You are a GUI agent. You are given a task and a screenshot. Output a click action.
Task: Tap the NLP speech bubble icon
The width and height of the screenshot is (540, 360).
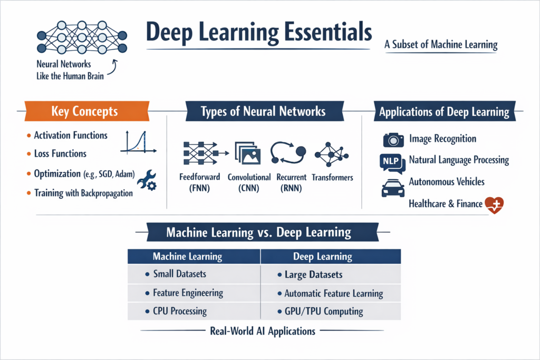pos(392,162)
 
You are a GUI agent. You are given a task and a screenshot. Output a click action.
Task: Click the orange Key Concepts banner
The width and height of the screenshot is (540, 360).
pos(85,112)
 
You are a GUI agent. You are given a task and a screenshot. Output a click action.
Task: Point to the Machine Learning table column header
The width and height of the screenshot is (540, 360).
pos(187,257)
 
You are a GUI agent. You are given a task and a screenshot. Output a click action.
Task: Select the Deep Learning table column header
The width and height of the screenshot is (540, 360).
pos(322,257)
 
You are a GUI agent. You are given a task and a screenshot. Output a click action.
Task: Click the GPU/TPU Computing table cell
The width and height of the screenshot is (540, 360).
pos(323,311)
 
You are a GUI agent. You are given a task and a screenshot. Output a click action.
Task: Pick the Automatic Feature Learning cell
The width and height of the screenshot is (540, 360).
pos(333,294)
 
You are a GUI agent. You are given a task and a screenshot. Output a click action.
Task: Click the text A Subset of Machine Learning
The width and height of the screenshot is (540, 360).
pos(441,45)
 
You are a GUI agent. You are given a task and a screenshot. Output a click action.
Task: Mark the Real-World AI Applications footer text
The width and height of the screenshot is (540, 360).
pos(262,332)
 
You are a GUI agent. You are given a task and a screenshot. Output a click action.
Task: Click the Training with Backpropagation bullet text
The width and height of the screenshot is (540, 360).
pos(83,193)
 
